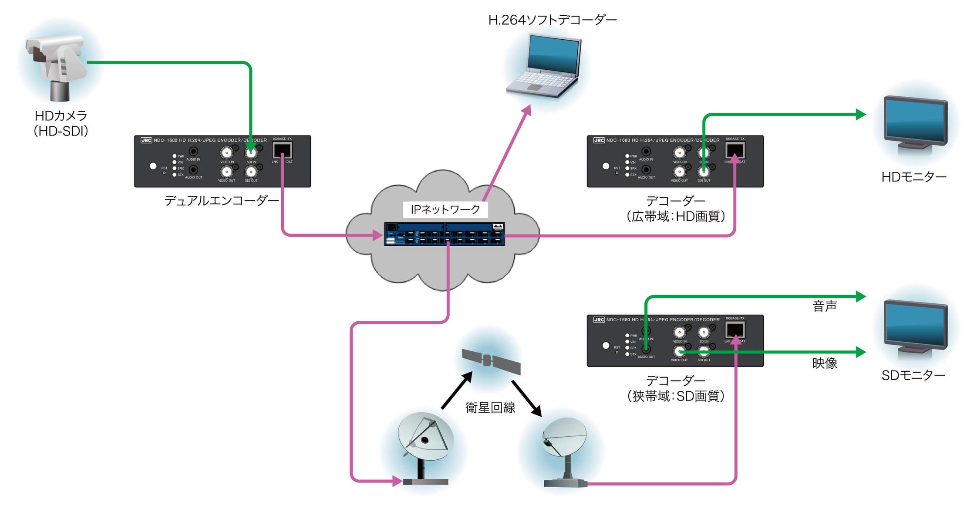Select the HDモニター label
click(913, 177)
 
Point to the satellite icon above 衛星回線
click(492, 361)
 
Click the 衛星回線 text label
click(490, 408)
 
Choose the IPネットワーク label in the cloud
click(445, 210)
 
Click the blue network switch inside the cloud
click(444, 234)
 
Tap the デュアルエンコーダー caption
click(221, 200)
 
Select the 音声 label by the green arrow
click(825, 306)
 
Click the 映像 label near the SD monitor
click(825, 363)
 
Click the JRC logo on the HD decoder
click(599, 140)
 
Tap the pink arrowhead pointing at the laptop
click(527, 110)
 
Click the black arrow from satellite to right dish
click(527, 398)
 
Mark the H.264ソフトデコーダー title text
click(552, 20)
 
